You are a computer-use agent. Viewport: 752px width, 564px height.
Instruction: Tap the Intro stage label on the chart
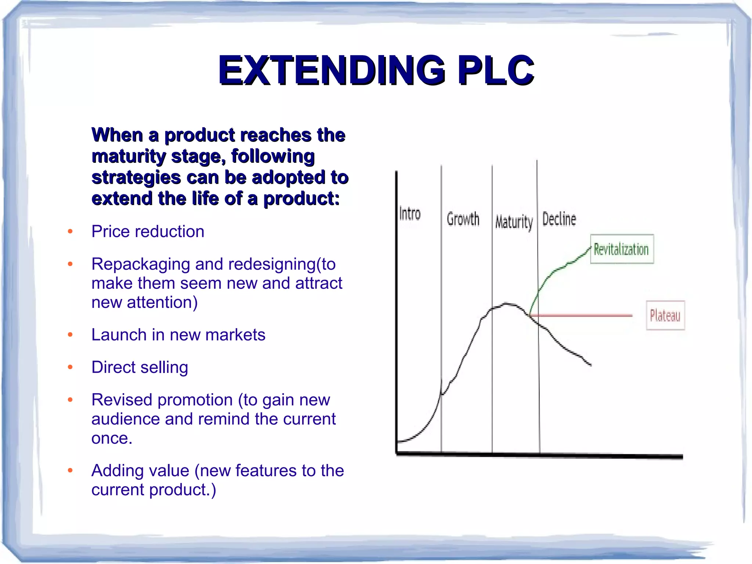click(x=410, y=214)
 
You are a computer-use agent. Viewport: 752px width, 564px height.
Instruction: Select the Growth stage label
click(x=463, y=219)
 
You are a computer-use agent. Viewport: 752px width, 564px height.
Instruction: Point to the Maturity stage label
click(x=514, y=222)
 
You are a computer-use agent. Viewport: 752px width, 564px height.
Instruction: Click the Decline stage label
click(x=559, y=219)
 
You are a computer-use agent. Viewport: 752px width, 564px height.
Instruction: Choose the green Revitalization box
click(x=622, y=249)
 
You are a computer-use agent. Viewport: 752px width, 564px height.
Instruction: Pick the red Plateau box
click(x=665, y=316)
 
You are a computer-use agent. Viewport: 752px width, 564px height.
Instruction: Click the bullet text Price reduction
click(x=148, y=231)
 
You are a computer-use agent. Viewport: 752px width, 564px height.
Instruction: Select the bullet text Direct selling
click(x=140, y=367)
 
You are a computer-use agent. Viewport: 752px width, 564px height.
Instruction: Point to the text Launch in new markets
click(x=178, y=335)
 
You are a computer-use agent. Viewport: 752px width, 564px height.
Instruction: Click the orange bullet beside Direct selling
click(x=70, y=367)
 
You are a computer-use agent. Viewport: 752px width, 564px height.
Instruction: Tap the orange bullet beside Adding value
click(x=70, y=470)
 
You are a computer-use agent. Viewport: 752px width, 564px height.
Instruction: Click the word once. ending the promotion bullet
click(x=111, y=438)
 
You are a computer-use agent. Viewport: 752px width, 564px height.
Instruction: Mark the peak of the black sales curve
click(x=507, y=304)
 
